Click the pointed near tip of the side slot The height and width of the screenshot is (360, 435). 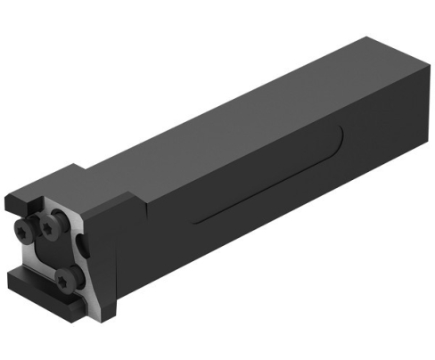point(193,219)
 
